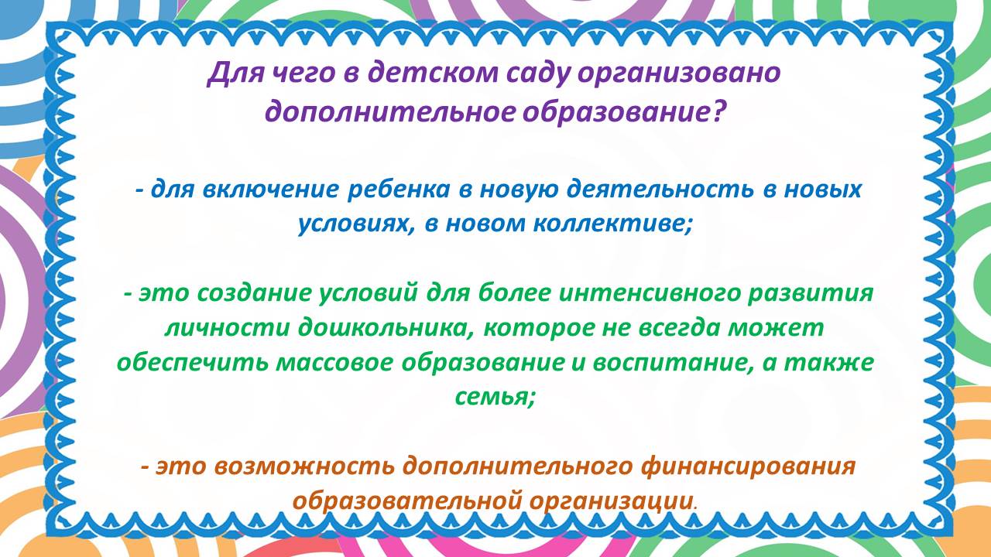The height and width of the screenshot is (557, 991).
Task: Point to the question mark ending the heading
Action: [717, 111]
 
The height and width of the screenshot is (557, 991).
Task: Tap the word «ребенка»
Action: [399, 190]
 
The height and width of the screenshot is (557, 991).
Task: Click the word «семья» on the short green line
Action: [495, 398]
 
